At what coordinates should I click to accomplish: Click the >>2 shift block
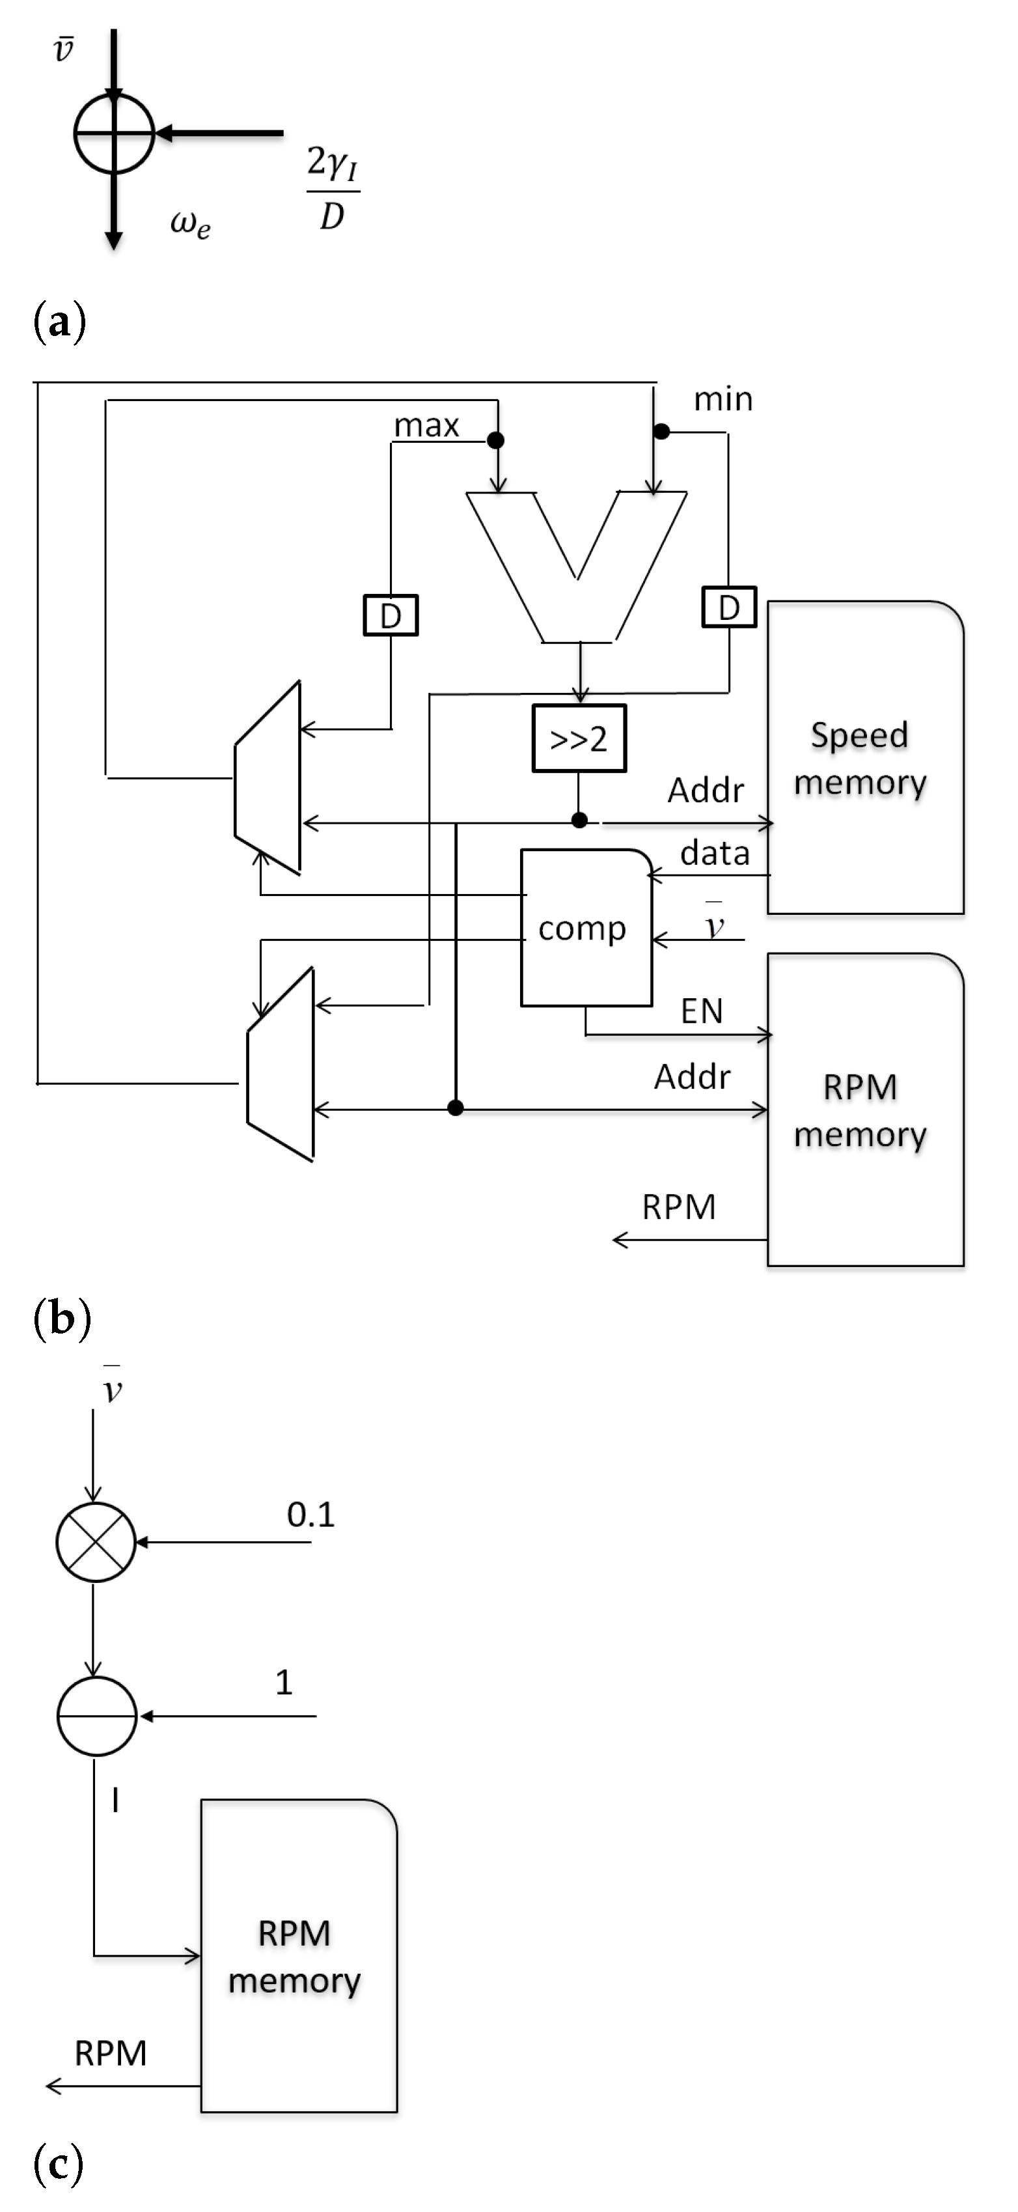[x=579, y=738]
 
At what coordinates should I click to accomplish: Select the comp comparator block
[x=585, y=927]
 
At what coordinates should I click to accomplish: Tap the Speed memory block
[x=864, y=757]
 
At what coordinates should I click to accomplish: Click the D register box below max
[x=391, y=615]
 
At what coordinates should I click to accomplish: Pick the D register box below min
[x=729, y=607]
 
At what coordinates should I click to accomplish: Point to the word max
[x=426, y=425]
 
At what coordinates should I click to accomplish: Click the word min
[x=722, y=399]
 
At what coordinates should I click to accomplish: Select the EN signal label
[x=701, y=1011]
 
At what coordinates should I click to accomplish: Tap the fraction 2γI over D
[x=332, y=188]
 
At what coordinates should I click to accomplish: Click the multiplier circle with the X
[x=95, y=1542]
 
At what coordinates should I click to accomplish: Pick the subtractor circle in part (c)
[x=97, y=1716]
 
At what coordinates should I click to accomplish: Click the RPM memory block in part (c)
[x=298, y=1956]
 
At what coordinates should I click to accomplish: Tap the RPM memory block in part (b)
[x=864, y=1110]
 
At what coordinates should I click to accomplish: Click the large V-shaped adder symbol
[x=577, y=567]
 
